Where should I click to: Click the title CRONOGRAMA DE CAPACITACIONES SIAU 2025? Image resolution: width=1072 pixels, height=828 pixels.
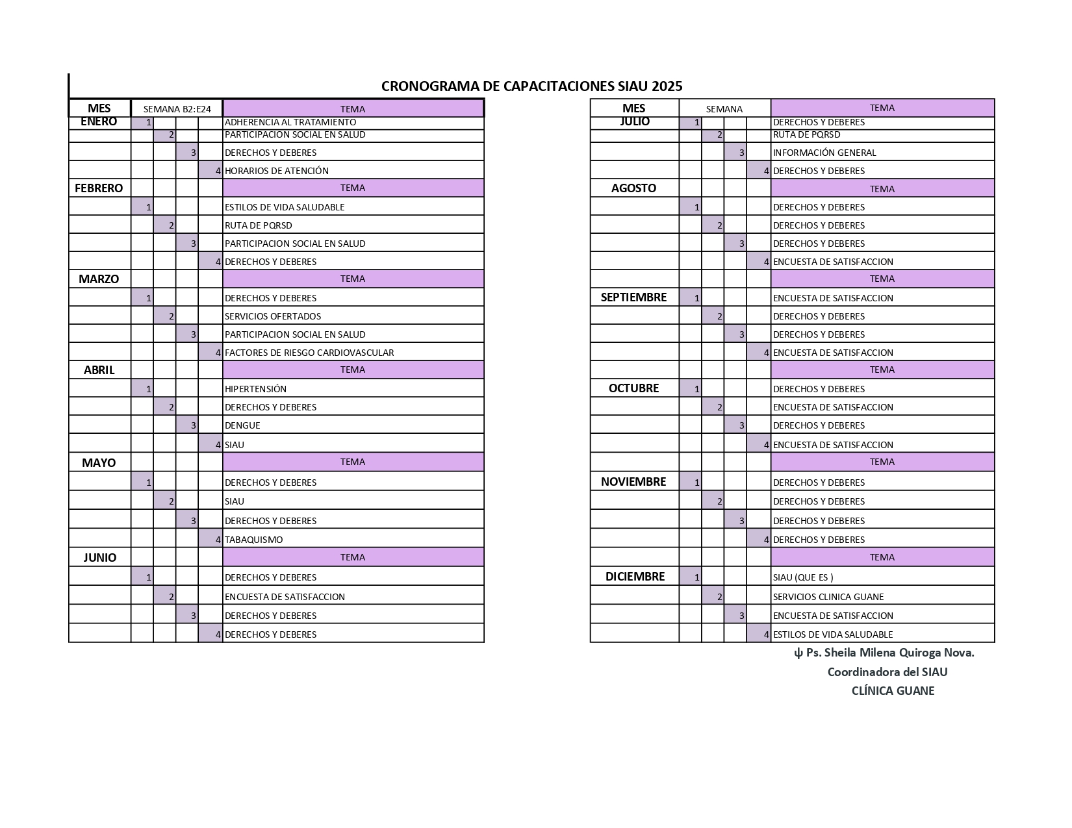pyautogui.click(x=531, y=86)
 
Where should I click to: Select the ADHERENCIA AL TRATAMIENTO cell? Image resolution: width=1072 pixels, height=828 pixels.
pyautogui.click(x=290, y=122)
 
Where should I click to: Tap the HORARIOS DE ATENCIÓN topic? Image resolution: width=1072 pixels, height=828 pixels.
pyautogui.click(x=277, y=171)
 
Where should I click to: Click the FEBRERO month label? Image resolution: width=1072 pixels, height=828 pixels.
pyautogui.click(x=99, y=188)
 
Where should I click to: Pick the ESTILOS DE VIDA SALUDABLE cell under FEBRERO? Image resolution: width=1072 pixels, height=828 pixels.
pyautogui.click(x=285, y=207)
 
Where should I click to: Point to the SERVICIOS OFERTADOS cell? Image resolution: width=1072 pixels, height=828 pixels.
pyautogui.click(x=273, y=316)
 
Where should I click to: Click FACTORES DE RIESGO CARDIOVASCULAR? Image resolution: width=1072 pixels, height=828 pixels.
pyautogui.click(x=309, y=353)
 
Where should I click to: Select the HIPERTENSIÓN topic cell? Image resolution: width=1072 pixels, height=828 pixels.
pyautogui.click(x=255, y=389)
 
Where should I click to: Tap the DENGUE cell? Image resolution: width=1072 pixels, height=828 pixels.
pyautogui.click(x=242, y=425)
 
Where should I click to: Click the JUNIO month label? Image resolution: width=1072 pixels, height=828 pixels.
pyautogui.click(x=99, y=558)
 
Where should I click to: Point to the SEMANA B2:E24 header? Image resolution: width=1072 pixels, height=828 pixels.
pyautogui.click(x=177, y=109)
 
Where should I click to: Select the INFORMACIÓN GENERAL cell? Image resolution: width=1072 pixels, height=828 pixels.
pyautogui.click(x=824, y=153)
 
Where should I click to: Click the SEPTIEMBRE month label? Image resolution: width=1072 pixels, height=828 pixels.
pyautogui.click(x=633, y=297)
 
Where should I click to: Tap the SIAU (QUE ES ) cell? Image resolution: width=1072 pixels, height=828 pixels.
pyautogui.click(x=803, y=577)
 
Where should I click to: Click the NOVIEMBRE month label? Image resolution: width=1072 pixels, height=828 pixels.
pyautogui.click(x=633, y=482)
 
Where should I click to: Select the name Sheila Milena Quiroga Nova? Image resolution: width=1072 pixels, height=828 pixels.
pyautogui.click(x=889, y=653)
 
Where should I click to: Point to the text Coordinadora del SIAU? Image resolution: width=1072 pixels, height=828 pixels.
pyautogui.click(x=887, y=672)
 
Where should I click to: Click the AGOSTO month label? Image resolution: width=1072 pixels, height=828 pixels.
pyautogui.click(x=633, y=188)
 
